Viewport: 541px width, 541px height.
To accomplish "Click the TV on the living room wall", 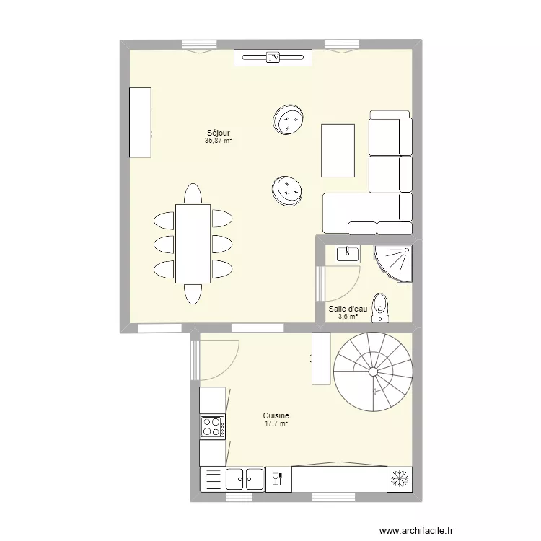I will (273, 58).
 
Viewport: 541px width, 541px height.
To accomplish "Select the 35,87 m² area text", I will (218, 141).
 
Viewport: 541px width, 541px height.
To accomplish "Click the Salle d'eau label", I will (348, 309).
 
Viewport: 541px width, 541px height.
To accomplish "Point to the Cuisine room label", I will (276, 415).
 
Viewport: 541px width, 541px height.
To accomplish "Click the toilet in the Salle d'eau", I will (379, 306).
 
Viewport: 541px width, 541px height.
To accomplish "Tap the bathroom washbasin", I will (348, 252).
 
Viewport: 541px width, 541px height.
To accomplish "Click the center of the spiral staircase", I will (373, 371).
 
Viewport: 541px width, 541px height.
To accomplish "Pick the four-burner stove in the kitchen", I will (212, 426).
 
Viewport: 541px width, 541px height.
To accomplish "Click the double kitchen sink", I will (245, 478).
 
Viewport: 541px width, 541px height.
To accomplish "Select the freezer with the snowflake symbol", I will (400, 479).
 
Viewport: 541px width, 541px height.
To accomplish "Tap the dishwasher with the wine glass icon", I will (278, 479).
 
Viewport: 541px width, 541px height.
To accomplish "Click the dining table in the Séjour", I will (193, 243).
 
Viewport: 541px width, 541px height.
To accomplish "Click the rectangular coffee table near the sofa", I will (338, 150).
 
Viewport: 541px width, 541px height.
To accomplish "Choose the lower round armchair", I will (287, 190).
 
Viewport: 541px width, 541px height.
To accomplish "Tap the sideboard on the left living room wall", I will (140, 122).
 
